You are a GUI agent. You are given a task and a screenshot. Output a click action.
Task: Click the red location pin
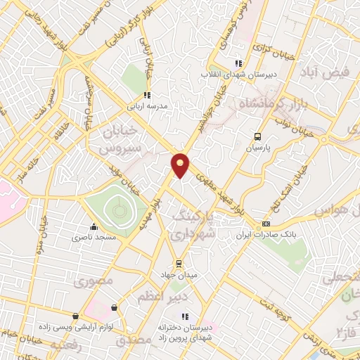pyautogui.click(x=181, y=165)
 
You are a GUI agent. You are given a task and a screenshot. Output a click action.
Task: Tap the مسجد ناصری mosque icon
pyautogui.click(x=94, y=226)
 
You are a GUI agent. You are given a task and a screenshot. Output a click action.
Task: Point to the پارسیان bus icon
pyautogui.click(x=258, y=137)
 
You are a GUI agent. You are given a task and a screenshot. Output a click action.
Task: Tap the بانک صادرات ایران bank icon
pyautogui.click(x=265, y=224)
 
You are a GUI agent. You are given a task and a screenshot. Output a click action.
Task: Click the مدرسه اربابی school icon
pyautogui.click(x=147, y=95)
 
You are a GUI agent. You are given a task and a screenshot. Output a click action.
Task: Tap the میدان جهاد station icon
pyautogui.click(x=179, y=263)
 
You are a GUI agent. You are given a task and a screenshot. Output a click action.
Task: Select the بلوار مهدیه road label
pyautogui.click(x=158, y=212)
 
